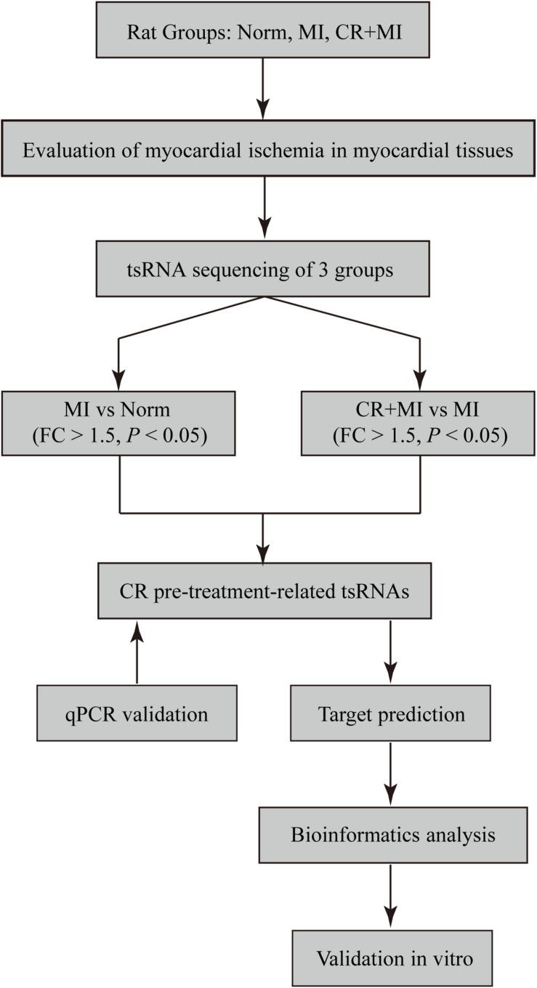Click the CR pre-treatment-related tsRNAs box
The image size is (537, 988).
tap(264, 591)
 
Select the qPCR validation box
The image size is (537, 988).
tap(137, 713)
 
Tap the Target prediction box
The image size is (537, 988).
tap(392, 713)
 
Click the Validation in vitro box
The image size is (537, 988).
tap(392, 957)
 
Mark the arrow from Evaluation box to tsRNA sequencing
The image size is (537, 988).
tap(264, 211)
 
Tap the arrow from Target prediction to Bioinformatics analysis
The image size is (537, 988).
tap(392, 774)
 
